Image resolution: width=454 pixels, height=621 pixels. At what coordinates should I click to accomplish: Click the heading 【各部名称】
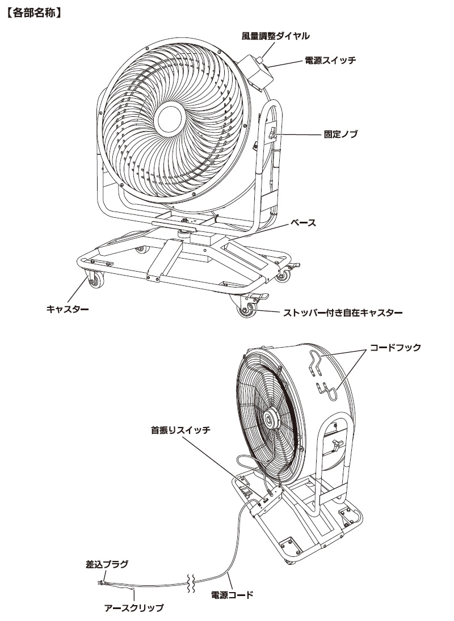(33, 11)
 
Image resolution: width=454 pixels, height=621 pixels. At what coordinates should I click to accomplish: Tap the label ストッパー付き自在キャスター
(343, 312)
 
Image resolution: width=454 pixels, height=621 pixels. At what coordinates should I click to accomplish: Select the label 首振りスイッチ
(180, 430)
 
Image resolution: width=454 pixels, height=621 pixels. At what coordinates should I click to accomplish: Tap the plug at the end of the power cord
(102, 581)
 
